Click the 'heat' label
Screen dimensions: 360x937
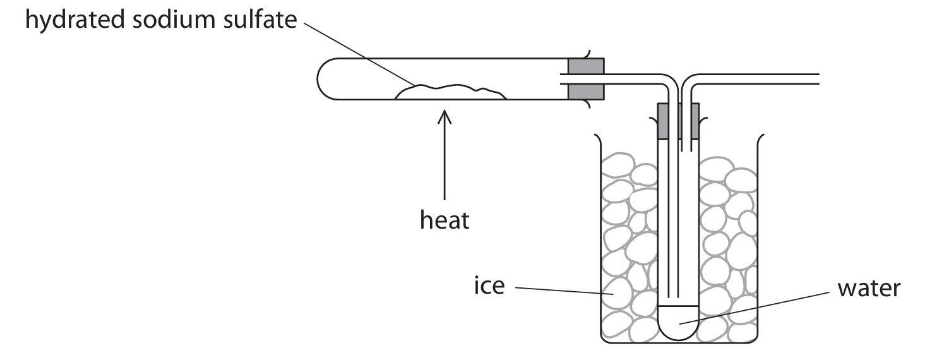tap(445, 220)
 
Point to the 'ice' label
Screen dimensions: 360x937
tap(489, 286)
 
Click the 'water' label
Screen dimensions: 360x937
tap(868, 289)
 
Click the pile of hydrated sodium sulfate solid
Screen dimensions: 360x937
tap(451, 92)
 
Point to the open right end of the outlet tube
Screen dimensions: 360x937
tap(818, 79)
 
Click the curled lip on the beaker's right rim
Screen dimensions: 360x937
tap(760, 137)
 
